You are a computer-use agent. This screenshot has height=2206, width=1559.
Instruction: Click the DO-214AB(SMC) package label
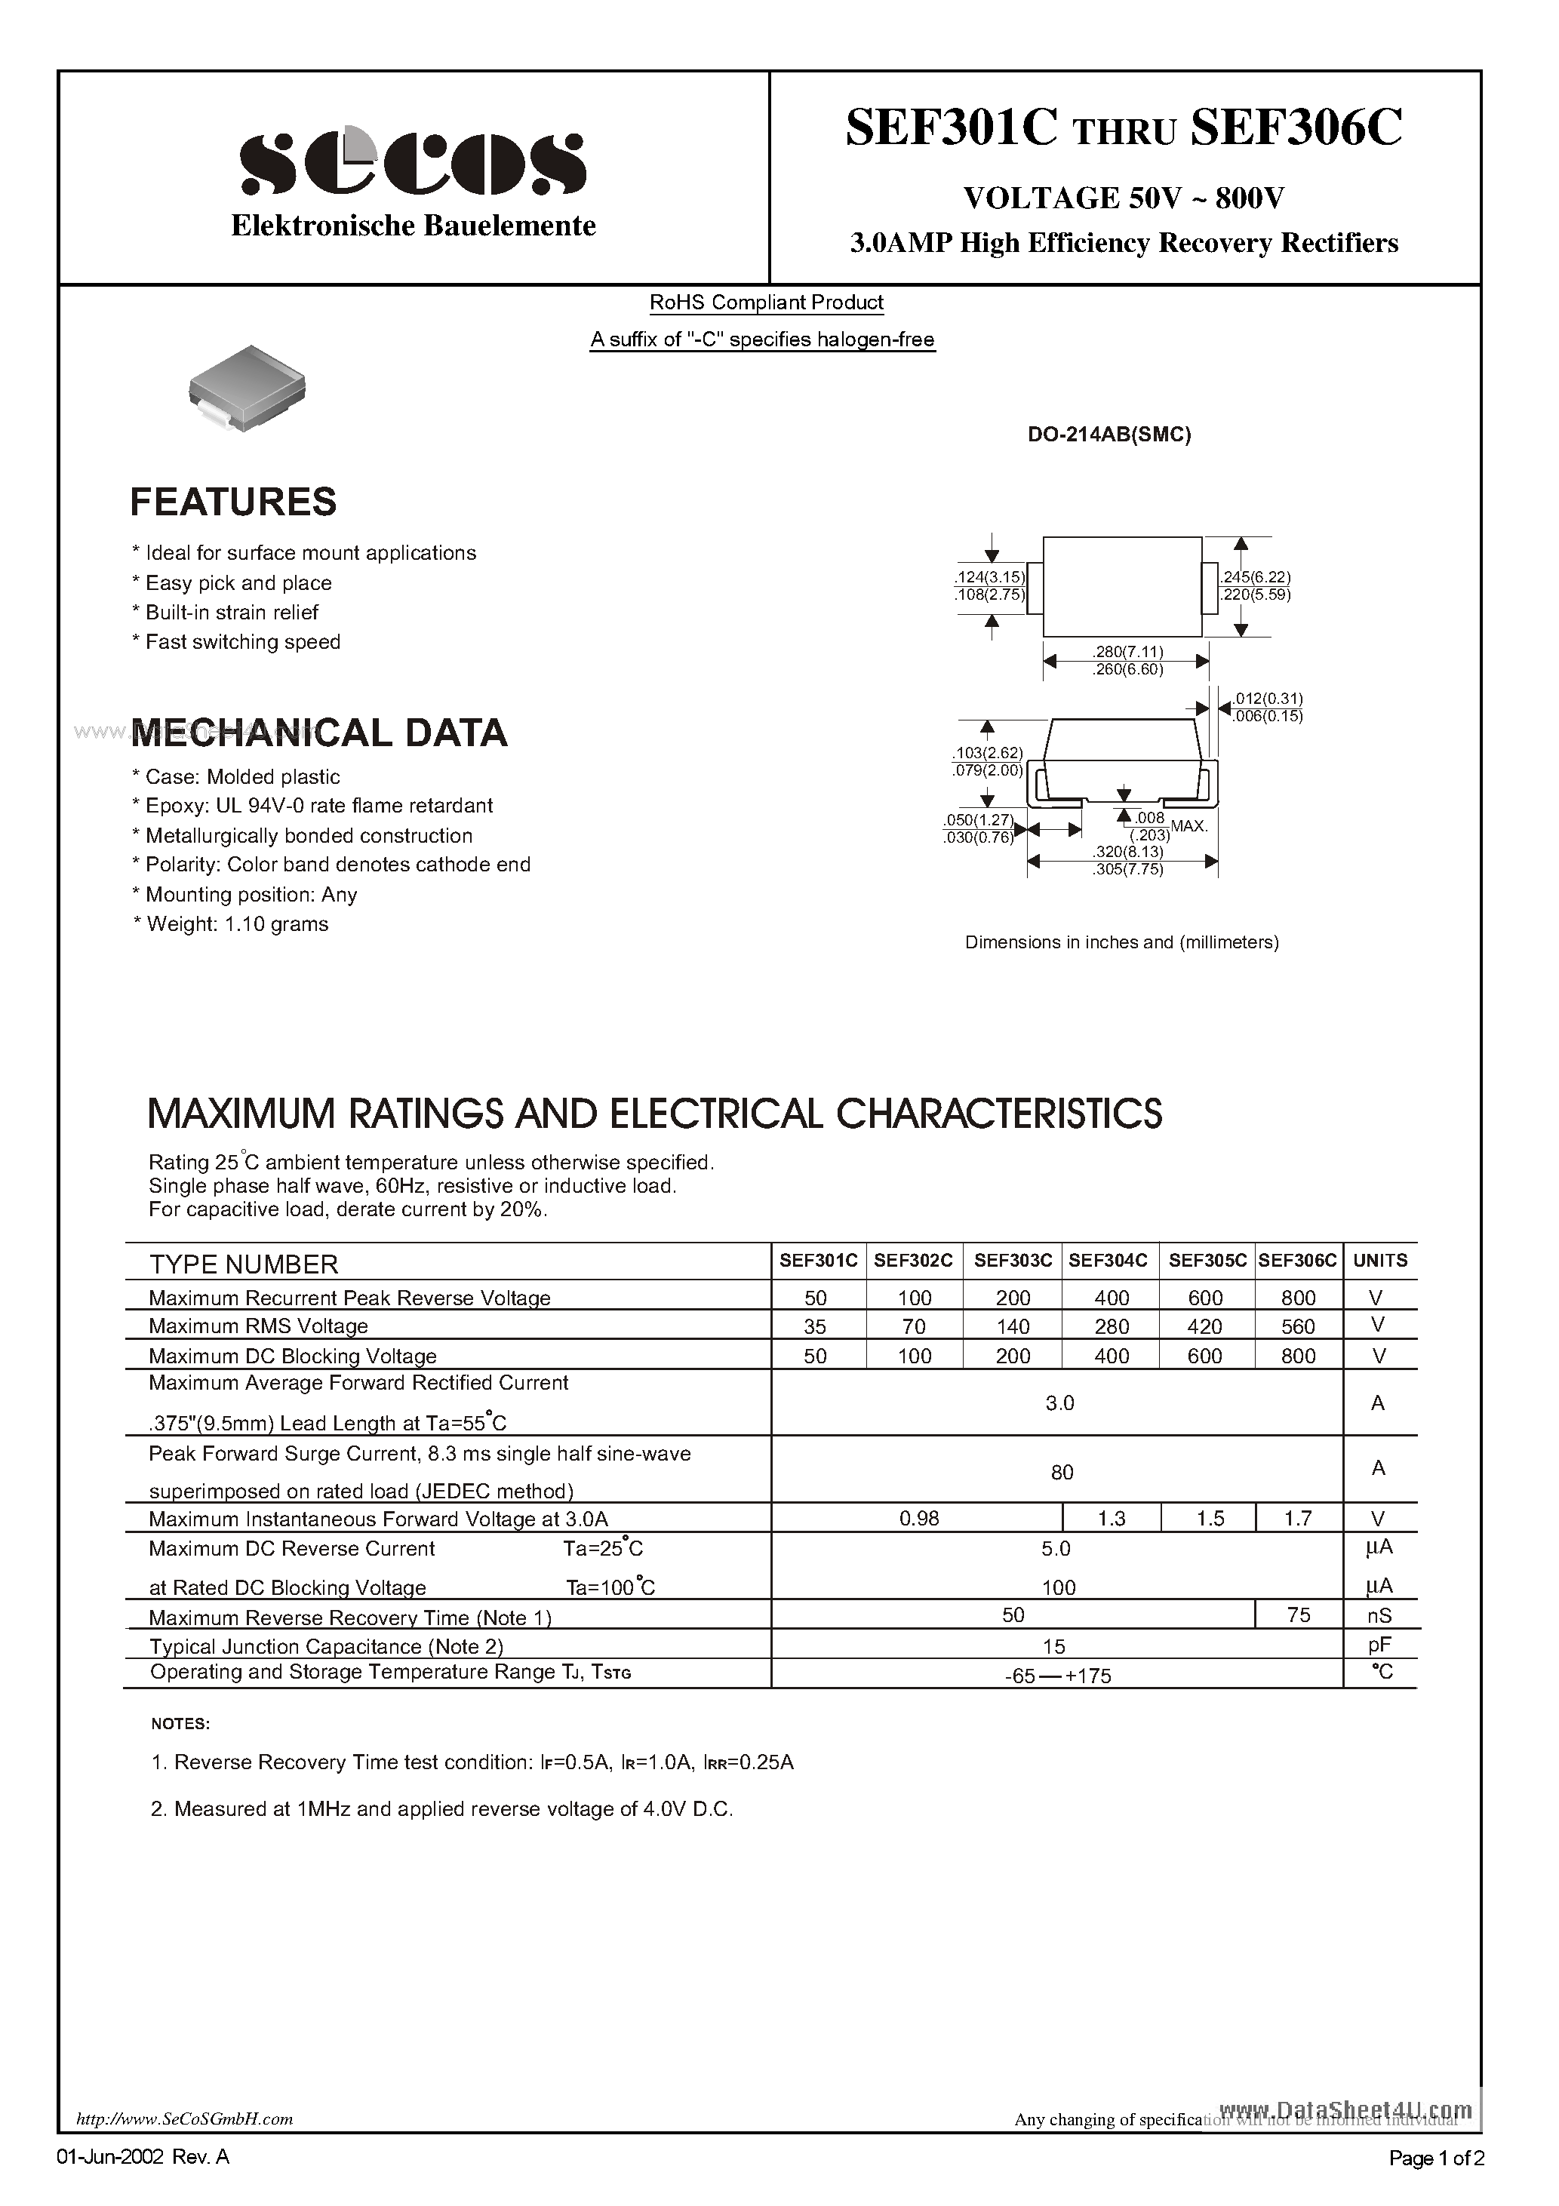tap(1109, 435)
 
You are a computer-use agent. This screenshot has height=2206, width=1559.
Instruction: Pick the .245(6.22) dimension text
tap(1255, 577)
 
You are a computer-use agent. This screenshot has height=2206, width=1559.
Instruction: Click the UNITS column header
tap(1379, 1260)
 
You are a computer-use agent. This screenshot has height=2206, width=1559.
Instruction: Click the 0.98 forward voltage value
tap(918, 1518)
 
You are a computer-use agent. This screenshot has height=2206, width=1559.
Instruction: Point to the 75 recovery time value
tap(1298, 1615)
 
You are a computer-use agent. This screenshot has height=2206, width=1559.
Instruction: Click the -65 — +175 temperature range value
tap(1057, 1676)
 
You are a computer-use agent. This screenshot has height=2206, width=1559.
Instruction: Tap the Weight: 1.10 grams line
tap(236, 924)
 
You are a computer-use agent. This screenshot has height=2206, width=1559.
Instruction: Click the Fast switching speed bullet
tap(242, 642)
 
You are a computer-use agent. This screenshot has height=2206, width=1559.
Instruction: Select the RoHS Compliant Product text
tap(766, 303)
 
